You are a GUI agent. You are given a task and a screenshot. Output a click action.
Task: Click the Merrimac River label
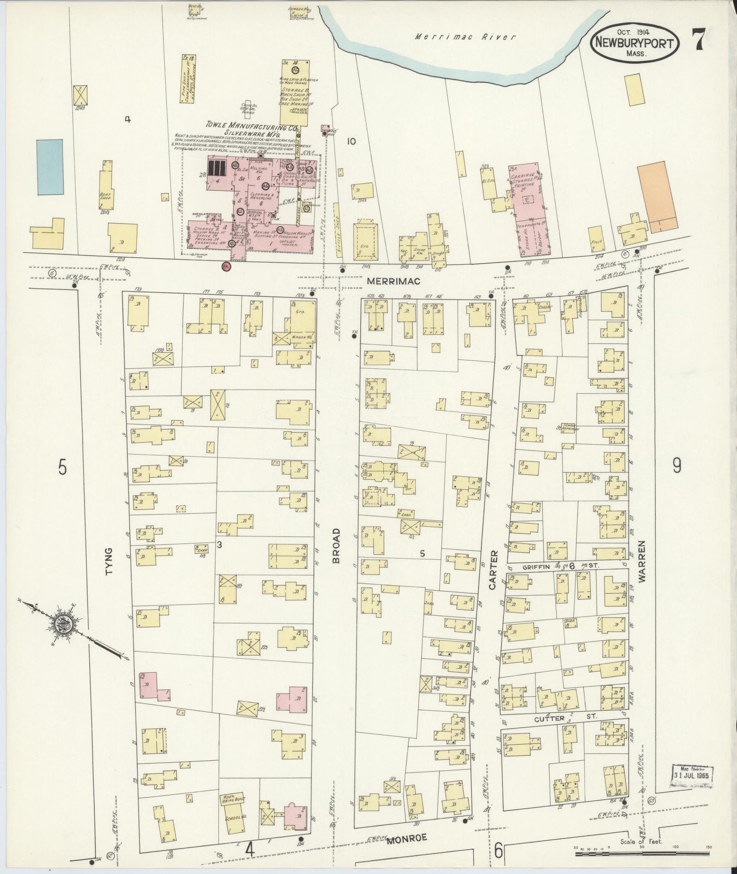coord(465,37)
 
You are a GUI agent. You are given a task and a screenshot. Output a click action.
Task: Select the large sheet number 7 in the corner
coord(699,39)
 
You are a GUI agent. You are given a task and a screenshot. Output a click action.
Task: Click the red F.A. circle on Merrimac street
coord(226,266)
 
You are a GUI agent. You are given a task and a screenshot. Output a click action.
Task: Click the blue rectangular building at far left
coord(50,167)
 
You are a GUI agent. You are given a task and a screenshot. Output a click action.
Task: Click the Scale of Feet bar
coord(640,847)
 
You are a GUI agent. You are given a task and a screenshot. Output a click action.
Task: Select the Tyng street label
coord(108,565)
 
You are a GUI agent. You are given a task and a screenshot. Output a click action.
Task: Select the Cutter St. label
coord(556,718)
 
